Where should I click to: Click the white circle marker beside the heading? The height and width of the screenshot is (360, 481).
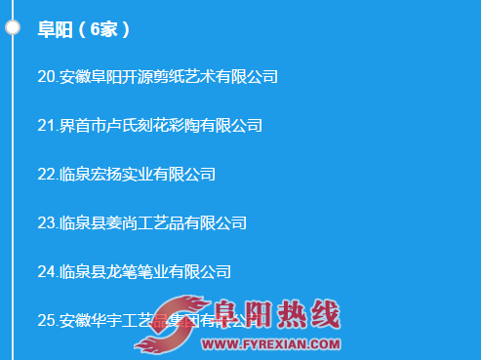click(13, 27)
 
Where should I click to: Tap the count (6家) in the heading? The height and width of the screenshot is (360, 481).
click(103, 29)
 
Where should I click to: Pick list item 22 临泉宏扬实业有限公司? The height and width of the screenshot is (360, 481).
click(126, 174)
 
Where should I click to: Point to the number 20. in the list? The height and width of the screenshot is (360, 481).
click(48, 76)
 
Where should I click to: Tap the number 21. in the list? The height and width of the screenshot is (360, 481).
click(48, 125)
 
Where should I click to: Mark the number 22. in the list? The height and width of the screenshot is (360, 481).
click(48, 174)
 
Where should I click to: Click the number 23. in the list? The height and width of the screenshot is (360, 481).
click(48, 222)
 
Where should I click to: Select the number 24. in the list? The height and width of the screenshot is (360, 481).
click(48, 271)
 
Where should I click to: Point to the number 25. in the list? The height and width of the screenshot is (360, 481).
click(48, 320)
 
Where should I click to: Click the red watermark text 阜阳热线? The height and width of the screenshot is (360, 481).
click(278, 315)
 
